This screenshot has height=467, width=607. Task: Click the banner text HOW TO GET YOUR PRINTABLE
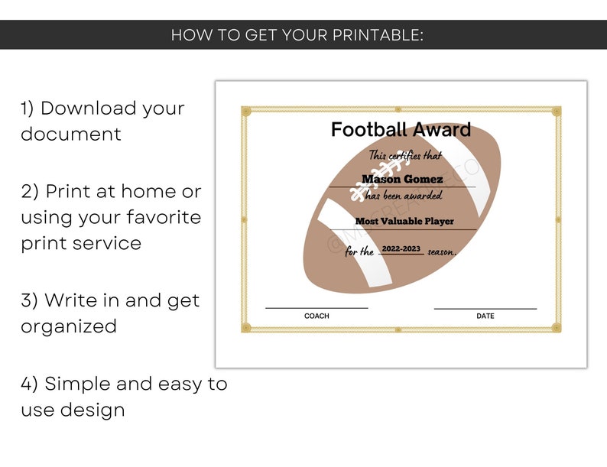pyautogui.click(x=297, y=35)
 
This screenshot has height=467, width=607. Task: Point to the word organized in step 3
pyautogui.click(x=69, y=326)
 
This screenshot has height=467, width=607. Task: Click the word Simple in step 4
pyautogui.click(x=83, y=384)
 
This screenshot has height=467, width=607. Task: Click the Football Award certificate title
pyautogui.click(x=401, y=130)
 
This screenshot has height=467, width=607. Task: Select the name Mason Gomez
pyautogui.click(x=402, y=180)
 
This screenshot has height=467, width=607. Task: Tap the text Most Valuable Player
pyautogui.click(x=404, y=222)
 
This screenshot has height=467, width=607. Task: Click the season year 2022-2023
pyautogui.click(x=401, y=249)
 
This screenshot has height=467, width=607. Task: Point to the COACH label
pyautogui.click(x=316, y=316)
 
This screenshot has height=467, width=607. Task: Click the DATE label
pyautogui.click(x=485, y=316)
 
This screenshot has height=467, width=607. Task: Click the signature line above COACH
pyautogui.click(x=316, y=308)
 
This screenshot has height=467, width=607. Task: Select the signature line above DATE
pyautogui.click(x=485, y=309)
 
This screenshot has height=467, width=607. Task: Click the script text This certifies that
pyautogui.click(x=405, y=156)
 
